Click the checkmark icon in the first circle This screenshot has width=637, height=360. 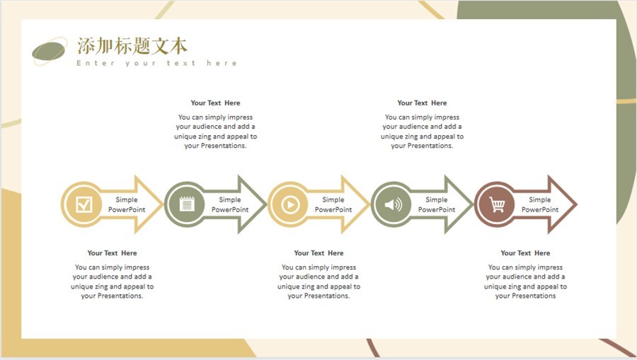click(x=84, y=204)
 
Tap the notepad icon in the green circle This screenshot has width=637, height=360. click(x=187, y=204)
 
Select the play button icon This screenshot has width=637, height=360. click(x=290, y=204)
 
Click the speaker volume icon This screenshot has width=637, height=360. click(x=394, y=204)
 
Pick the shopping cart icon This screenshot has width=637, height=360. click(x=497, y=204)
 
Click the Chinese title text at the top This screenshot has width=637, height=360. click(x=132, y=46)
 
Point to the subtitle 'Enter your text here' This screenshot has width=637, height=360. click(x=157, y=63)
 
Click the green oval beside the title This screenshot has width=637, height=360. click(x=49, y=52)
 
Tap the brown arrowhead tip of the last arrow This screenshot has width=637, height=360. click(x=576, y=204)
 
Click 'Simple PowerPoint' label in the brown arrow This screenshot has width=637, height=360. click(x=540, y=204)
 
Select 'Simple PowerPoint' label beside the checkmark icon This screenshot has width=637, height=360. click(x=127, y=204)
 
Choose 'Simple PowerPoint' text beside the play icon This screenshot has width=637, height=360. click(x=333, y=204)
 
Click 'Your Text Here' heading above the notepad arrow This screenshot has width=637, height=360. click(x=215, y=103)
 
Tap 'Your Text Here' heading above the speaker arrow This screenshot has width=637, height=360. click(x=422, y=103)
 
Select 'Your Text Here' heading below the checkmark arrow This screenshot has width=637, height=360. click(x=112, y=253)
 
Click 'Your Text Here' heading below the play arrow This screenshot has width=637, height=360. click(x=319, y=253)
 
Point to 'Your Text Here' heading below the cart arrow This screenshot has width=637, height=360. click(x=525, y=253)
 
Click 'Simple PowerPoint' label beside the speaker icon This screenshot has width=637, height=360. click(x=437, y=204)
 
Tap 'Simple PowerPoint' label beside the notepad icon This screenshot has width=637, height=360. click(x=230, y=204)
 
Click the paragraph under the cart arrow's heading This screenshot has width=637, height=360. click(x=525, y=281)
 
